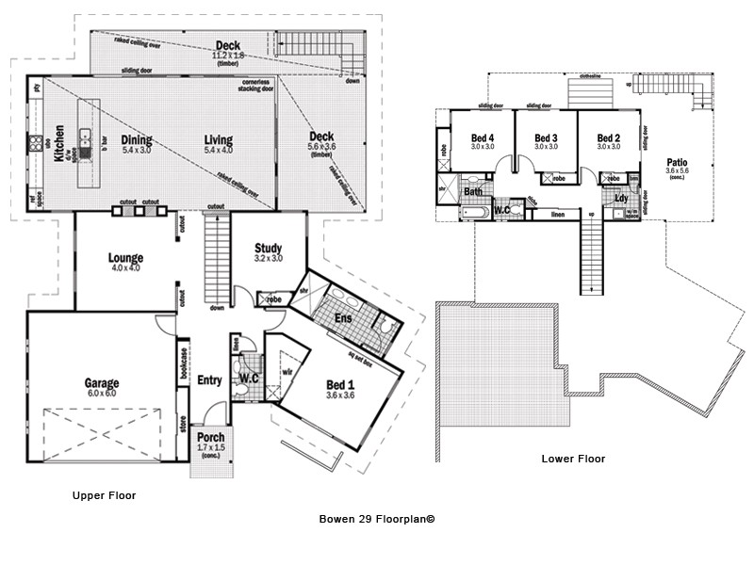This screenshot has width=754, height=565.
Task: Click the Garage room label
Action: click(102, 383)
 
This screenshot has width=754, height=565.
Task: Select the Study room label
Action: click(269, 249)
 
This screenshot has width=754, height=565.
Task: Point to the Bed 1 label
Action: click(340, 384)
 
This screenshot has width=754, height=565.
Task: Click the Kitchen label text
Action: click(58, 144)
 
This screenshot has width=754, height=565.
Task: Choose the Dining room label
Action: click(137, 140)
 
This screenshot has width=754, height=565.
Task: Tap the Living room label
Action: click(219, 140)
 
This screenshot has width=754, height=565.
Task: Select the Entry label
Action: click(209, 380)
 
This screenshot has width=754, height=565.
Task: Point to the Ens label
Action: click(343, 318)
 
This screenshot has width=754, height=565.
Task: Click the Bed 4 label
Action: click(483, 137)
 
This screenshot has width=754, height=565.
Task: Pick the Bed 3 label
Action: click(546, 137)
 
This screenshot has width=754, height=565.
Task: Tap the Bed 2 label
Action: click(608, 137)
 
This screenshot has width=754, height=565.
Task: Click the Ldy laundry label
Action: click(621, 198)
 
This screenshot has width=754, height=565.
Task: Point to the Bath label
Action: click(473, 192)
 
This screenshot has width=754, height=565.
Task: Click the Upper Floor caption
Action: click(104, 494)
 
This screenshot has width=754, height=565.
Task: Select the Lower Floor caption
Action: click(573, 460)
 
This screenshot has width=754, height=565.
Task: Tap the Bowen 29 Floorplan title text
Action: click(377, 518)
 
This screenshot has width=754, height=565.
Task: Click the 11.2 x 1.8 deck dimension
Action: click(227, 56)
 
